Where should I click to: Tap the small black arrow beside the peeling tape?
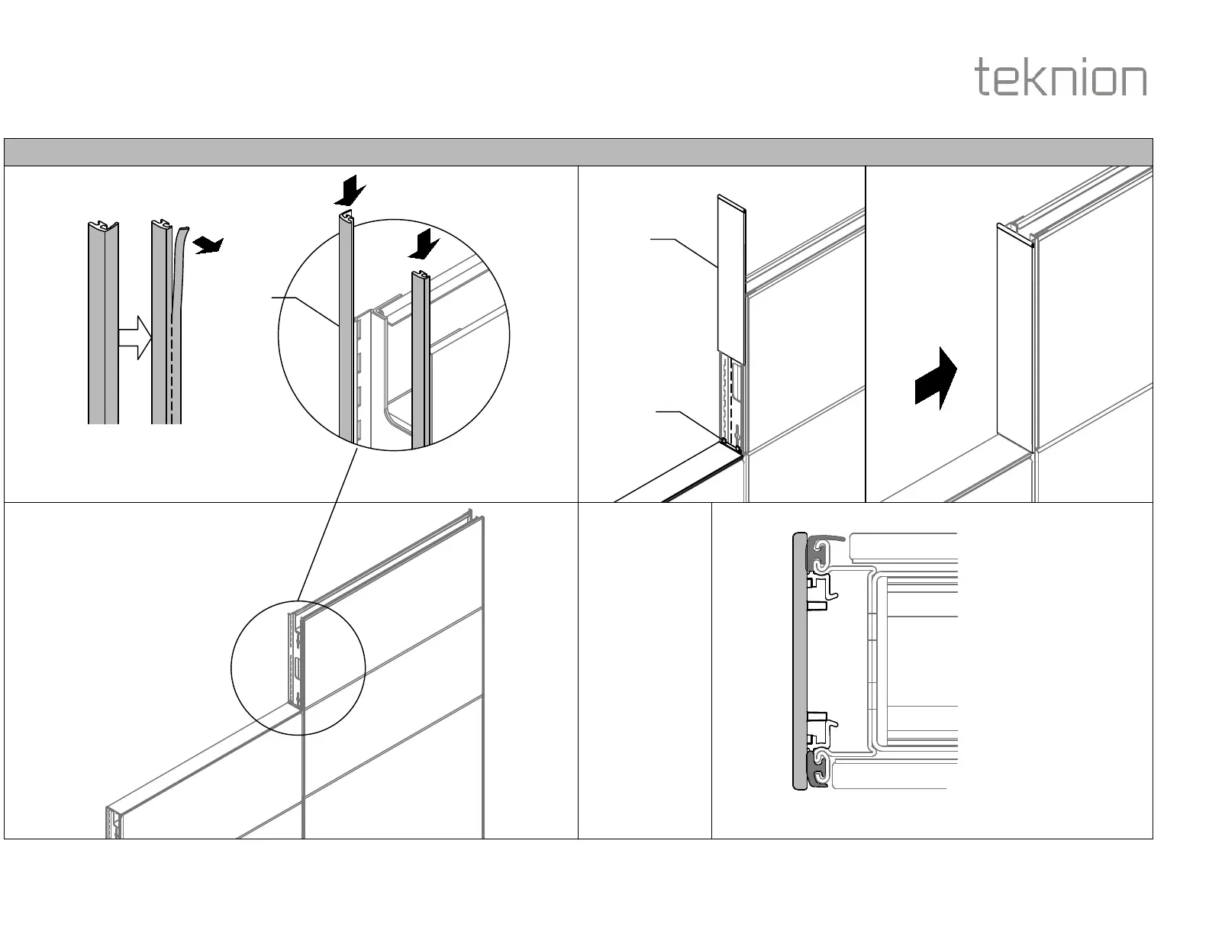[x=208, y=245]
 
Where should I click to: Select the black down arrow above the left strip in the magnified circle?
[x=350, y=190]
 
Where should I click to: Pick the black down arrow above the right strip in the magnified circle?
[x=424, y=246]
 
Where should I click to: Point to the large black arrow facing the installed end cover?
[x=937, y=378]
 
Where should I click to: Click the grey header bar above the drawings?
[x=578, y=152]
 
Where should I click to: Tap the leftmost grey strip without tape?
[x=103, y=324]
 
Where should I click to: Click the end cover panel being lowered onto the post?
[x=731, y=275]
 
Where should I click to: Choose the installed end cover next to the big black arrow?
[x=1015, y=336]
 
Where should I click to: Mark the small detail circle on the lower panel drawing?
[x=298, y=668]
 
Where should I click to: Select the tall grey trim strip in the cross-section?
[x=799, y=660]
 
